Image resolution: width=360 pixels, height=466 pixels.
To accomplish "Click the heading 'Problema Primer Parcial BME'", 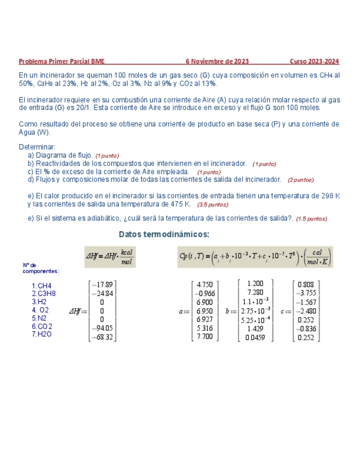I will click(x=62, y=61).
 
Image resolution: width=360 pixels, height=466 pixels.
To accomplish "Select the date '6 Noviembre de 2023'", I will click(x=217, y=61).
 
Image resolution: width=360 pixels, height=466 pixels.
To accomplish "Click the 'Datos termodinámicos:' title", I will click(x=164, y=235).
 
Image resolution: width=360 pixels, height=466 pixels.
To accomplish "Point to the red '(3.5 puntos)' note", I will click(x=212, y=204).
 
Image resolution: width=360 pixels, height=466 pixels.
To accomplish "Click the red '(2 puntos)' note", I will click(x=300, y=180).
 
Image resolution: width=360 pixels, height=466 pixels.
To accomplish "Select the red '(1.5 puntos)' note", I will click(x=311, y=219).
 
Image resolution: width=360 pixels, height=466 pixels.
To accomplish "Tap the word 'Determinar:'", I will click(x=37, y=147).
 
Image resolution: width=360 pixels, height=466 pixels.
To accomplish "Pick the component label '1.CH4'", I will click(x=42, y=286).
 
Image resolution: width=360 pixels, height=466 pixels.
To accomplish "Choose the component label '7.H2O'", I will click(x=42, y=334).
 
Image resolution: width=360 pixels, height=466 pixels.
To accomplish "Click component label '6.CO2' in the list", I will click(x=42, y=326).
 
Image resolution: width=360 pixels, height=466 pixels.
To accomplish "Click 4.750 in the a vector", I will click(x=204, y=285).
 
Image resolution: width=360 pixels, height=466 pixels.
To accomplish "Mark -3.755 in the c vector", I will click(x=306, y=293).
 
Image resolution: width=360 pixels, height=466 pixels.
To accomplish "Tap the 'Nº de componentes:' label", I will click(x=40, y=268).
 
